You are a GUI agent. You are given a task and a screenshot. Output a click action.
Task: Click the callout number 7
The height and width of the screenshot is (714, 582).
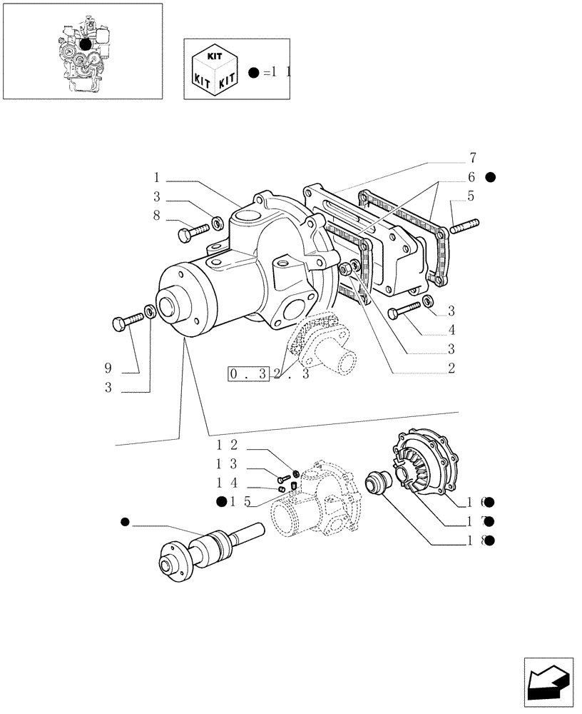tap(472, 158)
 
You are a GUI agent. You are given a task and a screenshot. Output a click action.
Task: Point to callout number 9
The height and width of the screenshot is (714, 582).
tap(108, 368)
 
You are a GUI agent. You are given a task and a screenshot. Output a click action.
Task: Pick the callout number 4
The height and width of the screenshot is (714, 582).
tap(451, 330)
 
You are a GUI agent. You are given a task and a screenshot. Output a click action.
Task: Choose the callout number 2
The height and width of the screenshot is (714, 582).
tap(451, 368)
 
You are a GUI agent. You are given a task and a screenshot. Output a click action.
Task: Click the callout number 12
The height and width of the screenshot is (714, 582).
tap(227, 444)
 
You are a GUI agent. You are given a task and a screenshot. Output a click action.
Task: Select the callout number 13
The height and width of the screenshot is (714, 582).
tap(227, 463)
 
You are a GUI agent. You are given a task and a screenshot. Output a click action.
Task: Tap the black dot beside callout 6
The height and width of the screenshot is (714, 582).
tap(490, 176)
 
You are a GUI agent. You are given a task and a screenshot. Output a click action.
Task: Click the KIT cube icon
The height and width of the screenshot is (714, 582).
tap(213, 69)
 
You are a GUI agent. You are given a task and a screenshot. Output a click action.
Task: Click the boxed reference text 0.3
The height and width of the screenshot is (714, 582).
tap(247, 373)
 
